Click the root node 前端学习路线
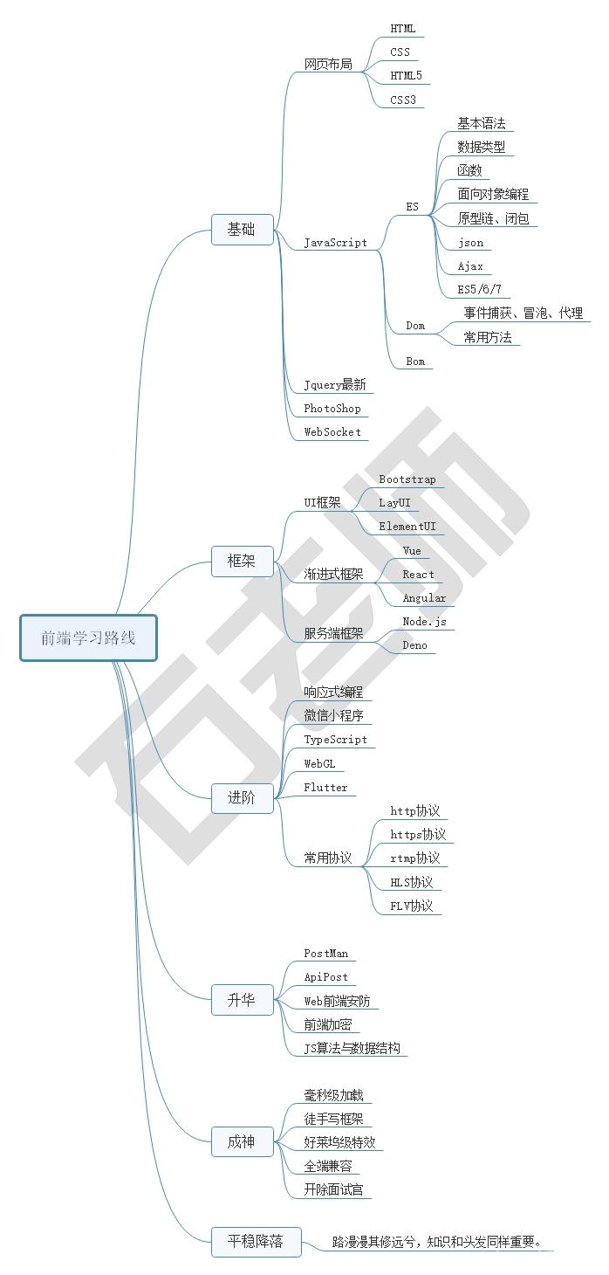point(88,637)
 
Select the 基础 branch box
point(243,230)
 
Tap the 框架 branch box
point(243,562)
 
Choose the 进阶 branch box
point(243,798)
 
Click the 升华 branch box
point(243,1000)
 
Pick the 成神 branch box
point(243,1141)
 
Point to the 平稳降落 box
point(256,1241)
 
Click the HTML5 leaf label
point(406,76)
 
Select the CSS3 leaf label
point(403,100)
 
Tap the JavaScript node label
point(336,243)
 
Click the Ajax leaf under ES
point(470,265)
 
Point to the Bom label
point(415,361)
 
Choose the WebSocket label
point(332,432)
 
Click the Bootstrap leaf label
point(407,479)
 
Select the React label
point(419,575)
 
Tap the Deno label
point(415,644)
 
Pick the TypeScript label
point(336,740)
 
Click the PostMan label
point(326,954)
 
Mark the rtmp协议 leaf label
point(415,858)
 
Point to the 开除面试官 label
point(333,1189)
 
